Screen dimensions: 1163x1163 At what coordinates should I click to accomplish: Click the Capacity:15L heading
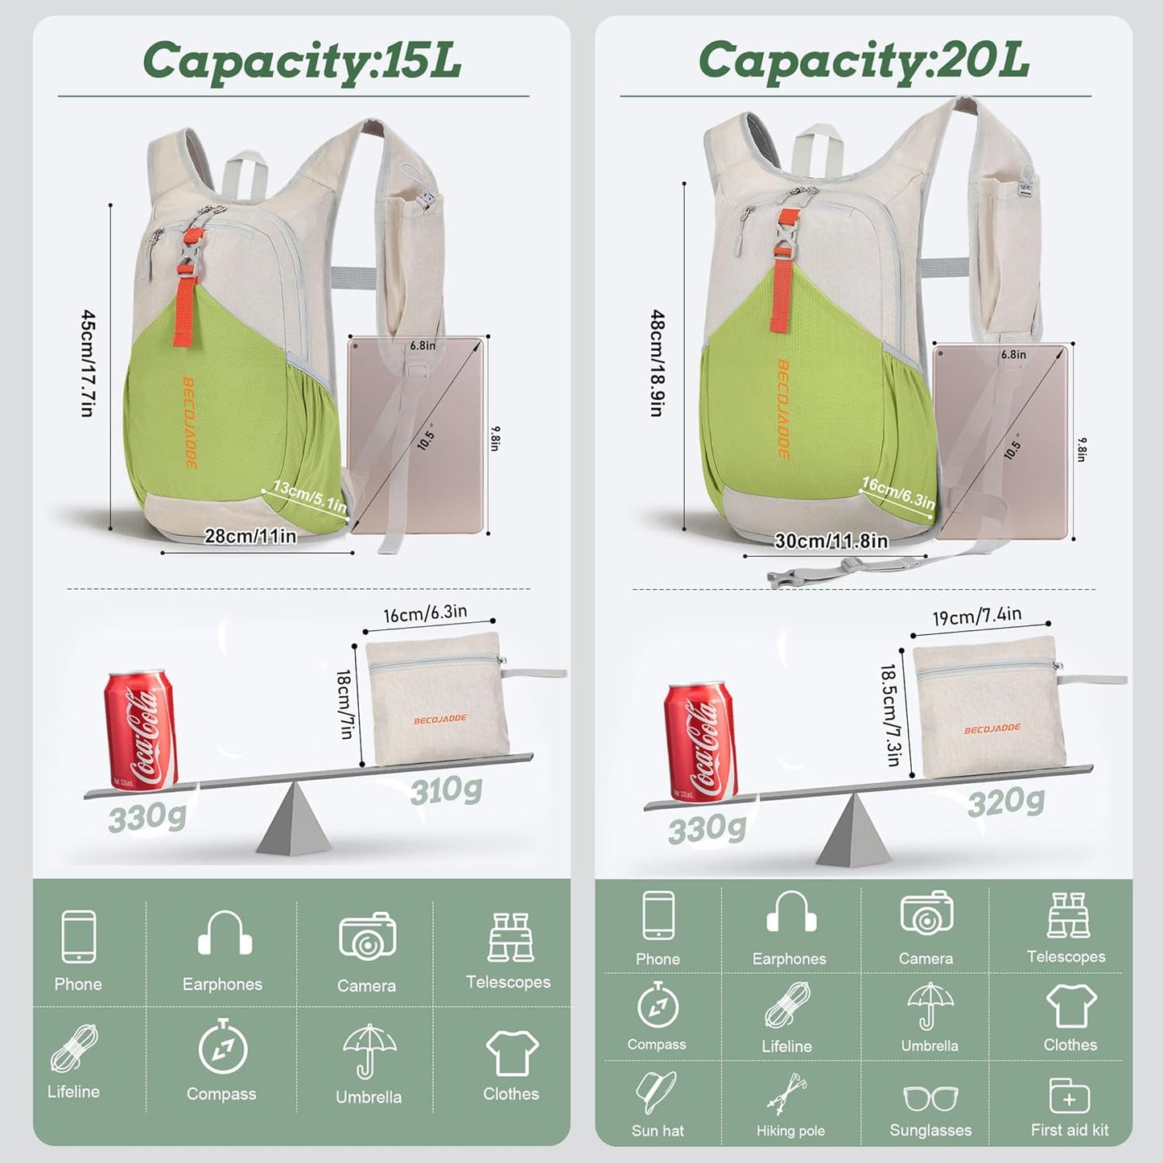(x=302, y=61)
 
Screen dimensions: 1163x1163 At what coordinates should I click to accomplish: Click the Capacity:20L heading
(x=864, y=61)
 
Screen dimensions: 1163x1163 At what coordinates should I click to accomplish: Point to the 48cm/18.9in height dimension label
(x=658, y=363)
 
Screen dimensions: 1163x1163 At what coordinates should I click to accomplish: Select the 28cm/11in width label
(x=250, y=536)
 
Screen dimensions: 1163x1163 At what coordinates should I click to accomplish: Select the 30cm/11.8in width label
(x=831, y=541)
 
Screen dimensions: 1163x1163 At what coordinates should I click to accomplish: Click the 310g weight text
(x=446, y=791)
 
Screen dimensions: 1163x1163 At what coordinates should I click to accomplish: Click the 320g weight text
(x=1006, y=802)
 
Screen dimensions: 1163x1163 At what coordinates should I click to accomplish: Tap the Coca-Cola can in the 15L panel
(x=140, y=729)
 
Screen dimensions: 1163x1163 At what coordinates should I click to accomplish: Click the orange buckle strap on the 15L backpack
(x=188, y=286)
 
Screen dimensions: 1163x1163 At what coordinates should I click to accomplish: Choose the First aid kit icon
(x=1069, y=1096)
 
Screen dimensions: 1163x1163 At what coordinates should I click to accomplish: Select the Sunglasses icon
(x=930, y=1098)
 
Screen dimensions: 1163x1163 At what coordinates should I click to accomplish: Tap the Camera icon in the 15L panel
(x=367, y=935)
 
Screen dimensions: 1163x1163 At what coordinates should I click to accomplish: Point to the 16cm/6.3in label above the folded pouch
(x=425, y=614)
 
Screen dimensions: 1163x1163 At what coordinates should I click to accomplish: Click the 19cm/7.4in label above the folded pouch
(x=977, y=617)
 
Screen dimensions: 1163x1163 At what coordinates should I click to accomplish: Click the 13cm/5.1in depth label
(x=310, y=497)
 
